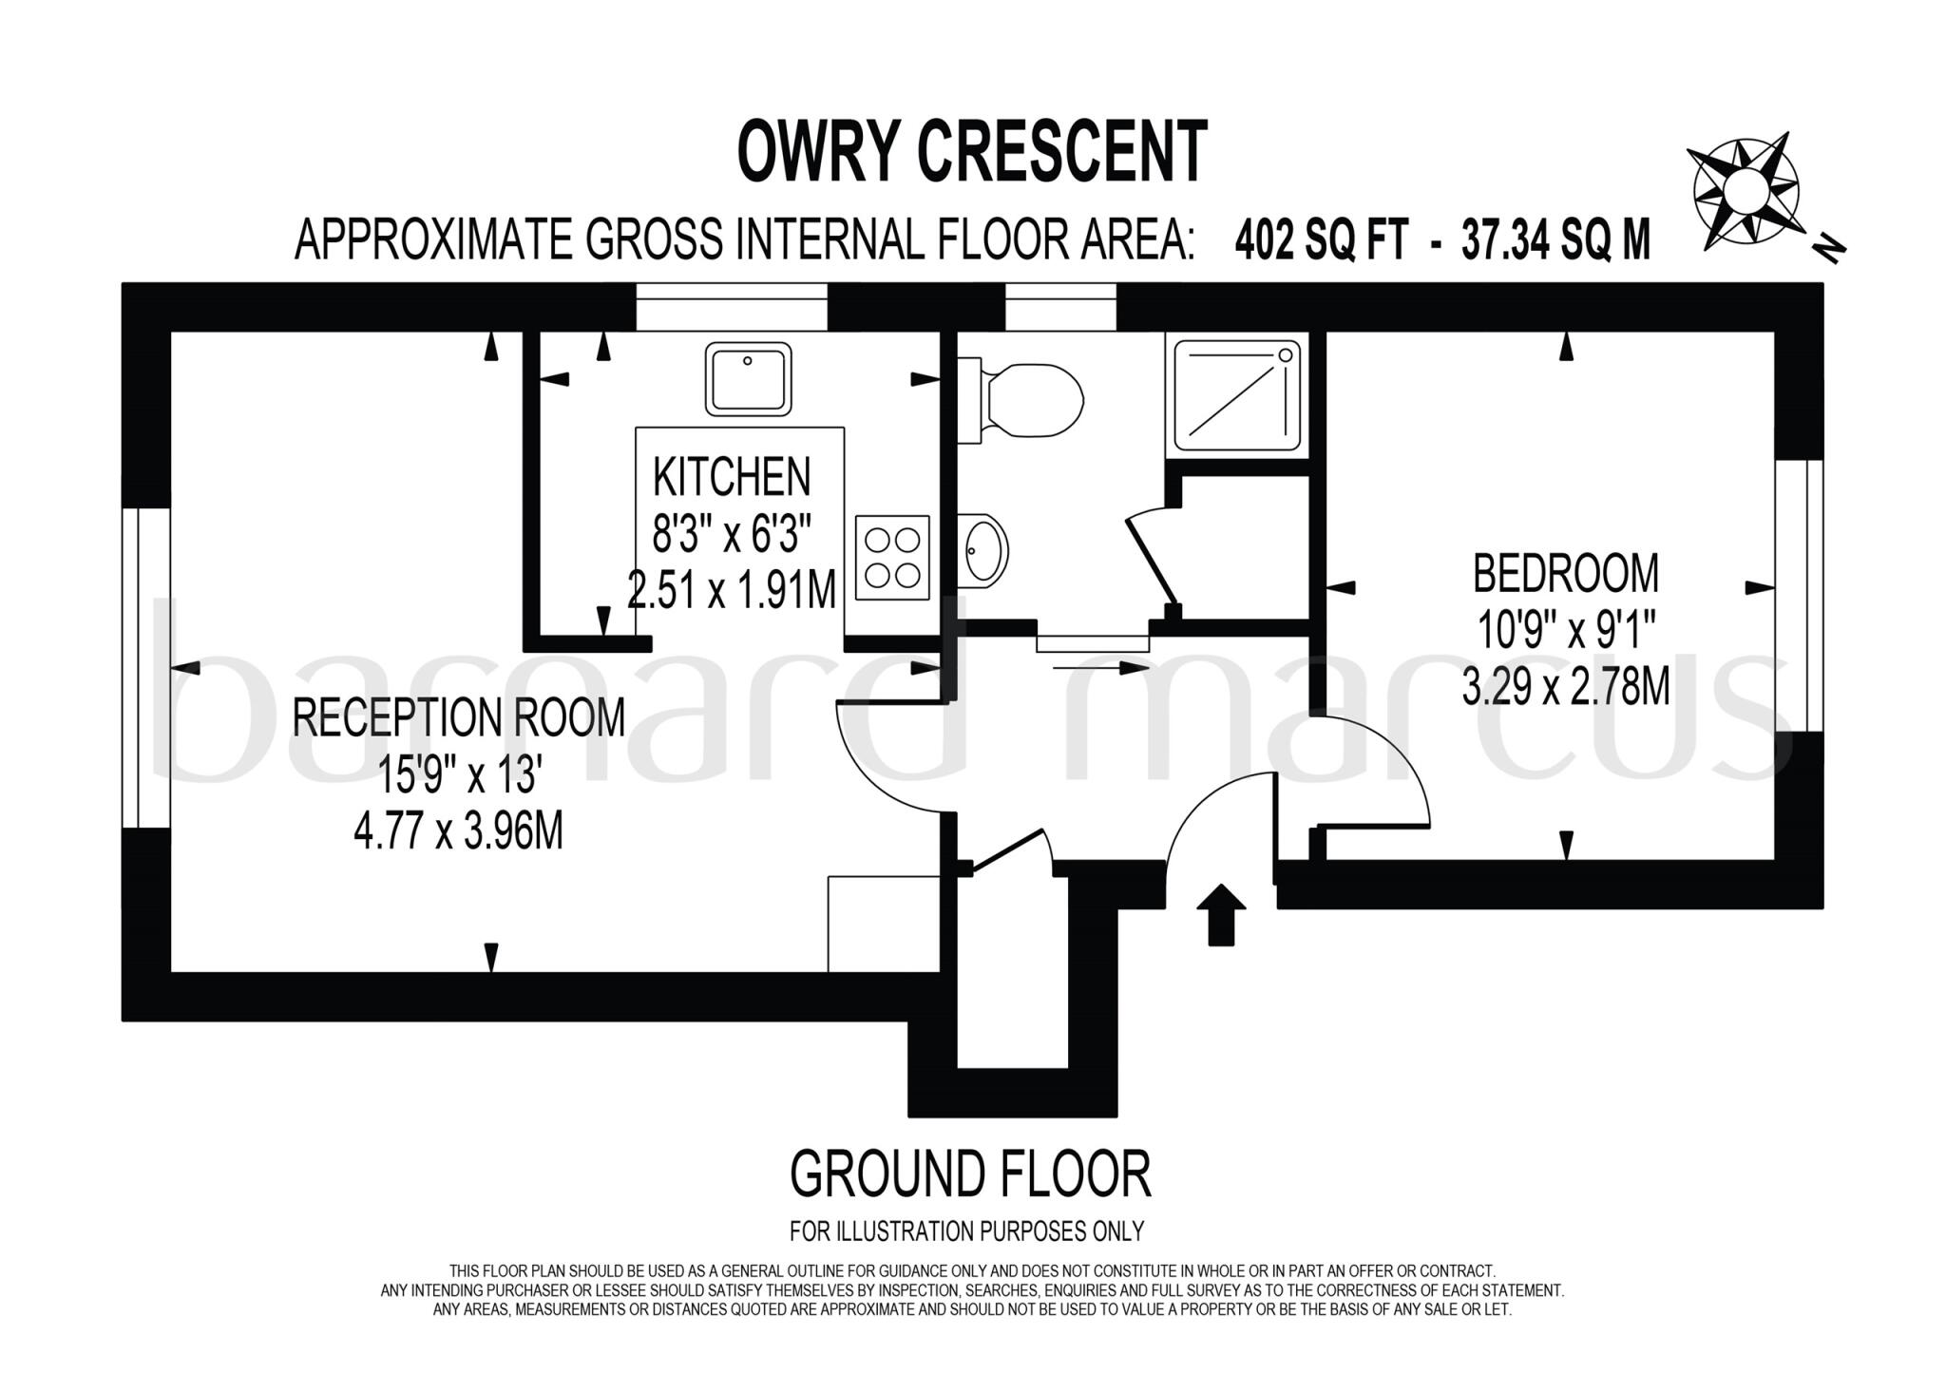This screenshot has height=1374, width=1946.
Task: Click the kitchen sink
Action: point(748,379)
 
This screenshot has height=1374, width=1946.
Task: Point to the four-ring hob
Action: point(892,558)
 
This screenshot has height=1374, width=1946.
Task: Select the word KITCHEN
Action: point(732,477)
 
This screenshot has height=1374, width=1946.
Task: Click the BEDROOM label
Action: point(1565,574)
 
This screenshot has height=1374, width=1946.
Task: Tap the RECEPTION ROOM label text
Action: point(459,717)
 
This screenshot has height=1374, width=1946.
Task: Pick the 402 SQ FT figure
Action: point(1320,241)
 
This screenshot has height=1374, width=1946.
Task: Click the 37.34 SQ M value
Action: point(1555,241)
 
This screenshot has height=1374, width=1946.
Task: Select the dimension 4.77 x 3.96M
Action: point(459,832)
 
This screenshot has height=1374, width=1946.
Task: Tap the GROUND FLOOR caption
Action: point(970,1174)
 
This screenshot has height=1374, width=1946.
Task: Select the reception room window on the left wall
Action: point(146,668)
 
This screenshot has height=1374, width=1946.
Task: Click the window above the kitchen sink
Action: point(732,306)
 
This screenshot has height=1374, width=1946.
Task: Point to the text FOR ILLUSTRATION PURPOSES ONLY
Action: point(966,1231)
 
